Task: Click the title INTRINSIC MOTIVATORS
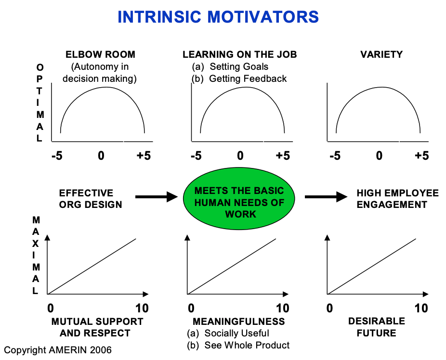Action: point(218,17)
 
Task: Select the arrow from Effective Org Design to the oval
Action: point(157,196)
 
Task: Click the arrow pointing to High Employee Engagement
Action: point(326,196)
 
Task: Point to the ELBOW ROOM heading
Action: point(101,55)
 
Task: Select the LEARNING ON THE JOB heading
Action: point(239,55)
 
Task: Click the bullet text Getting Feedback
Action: point(248,78)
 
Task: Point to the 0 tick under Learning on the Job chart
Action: point(240,156)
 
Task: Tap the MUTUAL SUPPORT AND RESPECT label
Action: point(97,327)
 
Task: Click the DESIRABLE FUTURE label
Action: point(377,327)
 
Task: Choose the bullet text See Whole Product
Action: point(247,345)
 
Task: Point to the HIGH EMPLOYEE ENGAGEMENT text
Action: point(398,199)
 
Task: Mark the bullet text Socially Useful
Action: point(236,333)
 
